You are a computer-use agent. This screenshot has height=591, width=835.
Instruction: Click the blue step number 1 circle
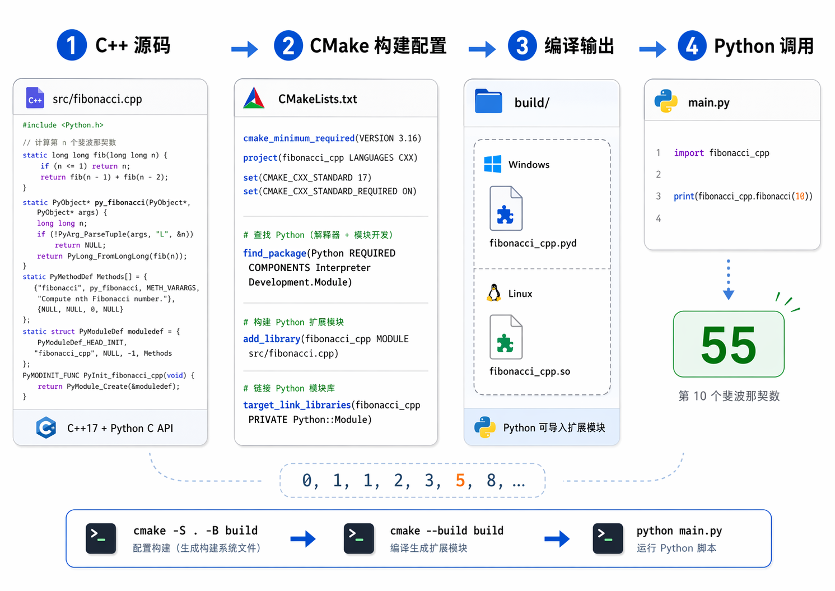pyautogui.click(x=72, y=45)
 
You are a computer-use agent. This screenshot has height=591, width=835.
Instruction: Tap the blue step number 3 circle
pyautogui.click(x=522, y=45)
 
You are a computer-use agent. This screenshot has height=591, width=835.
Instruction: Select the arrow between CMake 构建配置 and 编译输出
pyautogui.click(x=482, y=49)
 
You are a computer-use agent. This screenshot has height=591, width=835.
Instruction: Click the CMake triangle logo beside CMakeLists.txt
pyautogui.click(x=254, y=99)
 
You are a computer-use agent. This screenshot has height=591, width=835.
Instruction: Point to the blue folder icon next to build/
pyautogui.click(x=488, y=101)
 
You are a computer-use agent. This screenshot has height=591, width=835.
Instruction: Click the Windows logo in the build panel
pyautogui.click(x=492, y=164)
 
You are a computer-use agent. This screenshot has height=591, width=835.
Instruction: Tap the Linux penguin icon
pyautogui.click(x=494, y=293)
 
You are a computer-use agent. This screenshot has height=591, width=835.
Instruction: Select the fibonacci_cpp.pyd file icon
pyautogui.click(x=506, y=208)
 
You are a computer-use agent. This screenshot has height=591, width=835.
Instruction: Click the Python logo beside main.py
pyautogui.click(x=666, y=101)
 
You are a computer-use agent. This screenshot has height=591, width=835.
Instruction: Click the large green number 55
pyautogui.click(x=728, y=345)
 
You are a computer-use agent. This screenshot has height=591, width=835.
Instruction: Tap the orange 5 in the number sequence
pyautogui.click(x=460, y=480)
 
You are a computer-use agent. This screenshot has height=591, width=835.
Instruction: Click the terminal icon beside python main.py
pyautogui.click(x=608, y=538)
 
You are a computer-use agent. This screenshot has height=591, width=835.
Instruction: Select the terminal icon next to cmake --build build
pyautogui.click(x=358, y=538)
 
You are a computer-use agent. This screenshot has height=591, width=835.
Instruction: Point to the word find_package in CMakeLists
pyautogui.click(x=274, y=253)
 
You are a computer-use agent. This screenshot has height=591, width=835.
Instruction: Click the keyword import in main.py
pyautogui.click(x=688, y=153)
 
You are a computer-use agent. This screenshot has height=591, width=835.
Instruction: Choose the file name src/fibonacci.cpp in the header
pyautogui.click(x=97, y=99)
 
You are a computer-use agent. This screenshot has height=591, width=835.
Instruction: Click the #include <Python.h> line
pyautogui.click(x=63, y=125)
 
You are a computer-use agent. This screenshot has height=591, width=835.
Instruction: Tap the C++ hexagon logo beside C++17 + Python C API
pyautogui.click(x=46, y=427)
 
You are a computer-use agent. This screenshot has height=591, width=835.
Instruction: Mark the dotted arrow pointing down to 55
pyautogui.click(x=728, y=279)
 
